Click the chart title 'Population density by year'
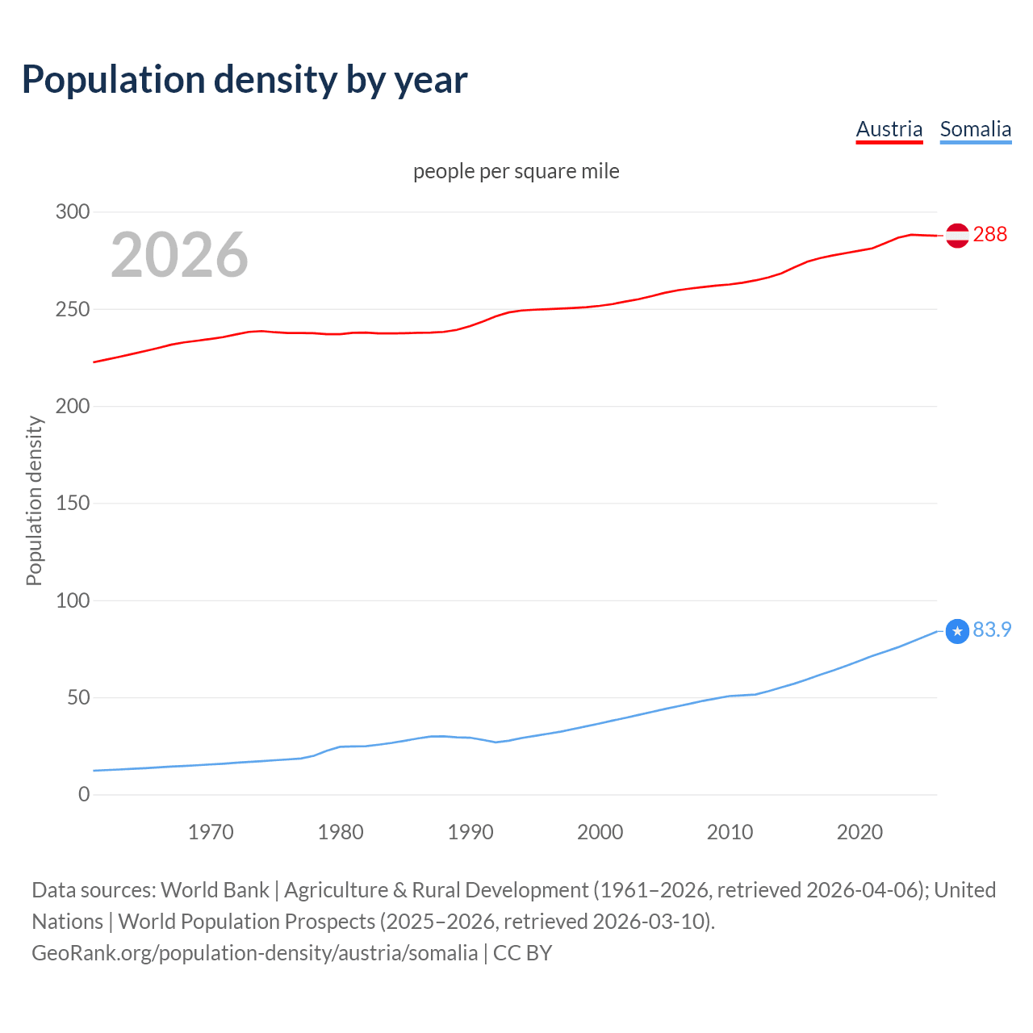(x=245, y=79)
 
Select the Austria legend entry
(x=889, y=129)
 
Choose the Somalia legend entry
(x=975, y=129)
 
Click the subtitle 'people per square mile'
(x=516, y=171)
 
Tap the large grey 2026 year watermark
(x=179, y=255)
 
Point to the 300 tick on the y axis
(x=73, y=212)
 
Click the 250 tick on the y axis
(x=73, y=309)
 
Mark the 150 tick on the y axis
(x=73, y=504)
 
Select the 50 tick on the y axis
(x=78, y=697)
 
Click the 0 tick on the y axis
(x=84, y=794)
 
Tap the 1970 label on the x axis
(x=211, y=832)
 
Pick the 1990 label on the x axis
(x=470, y=832)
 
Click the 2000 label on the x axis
(x=600, y=832)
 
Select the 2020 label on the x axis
(x=859, y=832)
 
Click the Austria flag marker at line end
(x=957, y=235)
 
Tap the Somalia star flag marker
(x=957, y=631)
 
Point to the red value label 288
(x=990, y=234)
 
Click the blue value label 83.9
(x=992, y=629)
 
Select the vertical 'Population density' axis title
(x=34, y=500)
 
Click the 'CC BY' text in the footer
(x=522, y=953)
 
